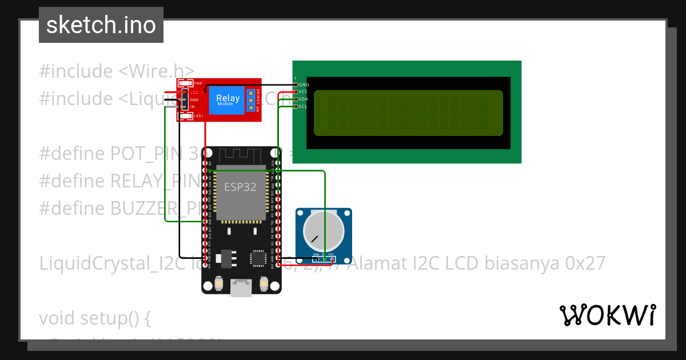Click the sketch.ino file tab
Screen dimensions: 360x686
(101, 25)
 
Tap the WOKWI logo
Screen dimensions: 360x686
(607, 315)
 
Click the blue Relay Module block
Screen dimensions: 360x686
(228, 100)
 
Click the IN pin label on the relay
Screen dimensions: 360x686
(193, 107)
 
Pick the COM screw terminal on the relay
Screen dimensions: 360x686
(250, 100)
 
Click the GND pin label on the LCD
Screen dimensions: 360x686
(304, 85)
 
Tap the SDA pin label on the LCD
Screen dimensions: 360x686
(304, 99)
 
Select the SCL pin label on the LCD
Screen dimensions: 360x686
(304, 106)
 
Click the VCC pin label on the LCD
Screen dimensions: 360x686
(304, 91)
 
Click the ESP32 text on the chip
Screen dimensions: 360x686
(240, 187)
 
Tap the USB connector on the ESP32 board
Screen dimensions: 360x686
(241, 287)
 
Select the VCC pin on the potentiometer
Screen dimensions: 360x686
(331, 255)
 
